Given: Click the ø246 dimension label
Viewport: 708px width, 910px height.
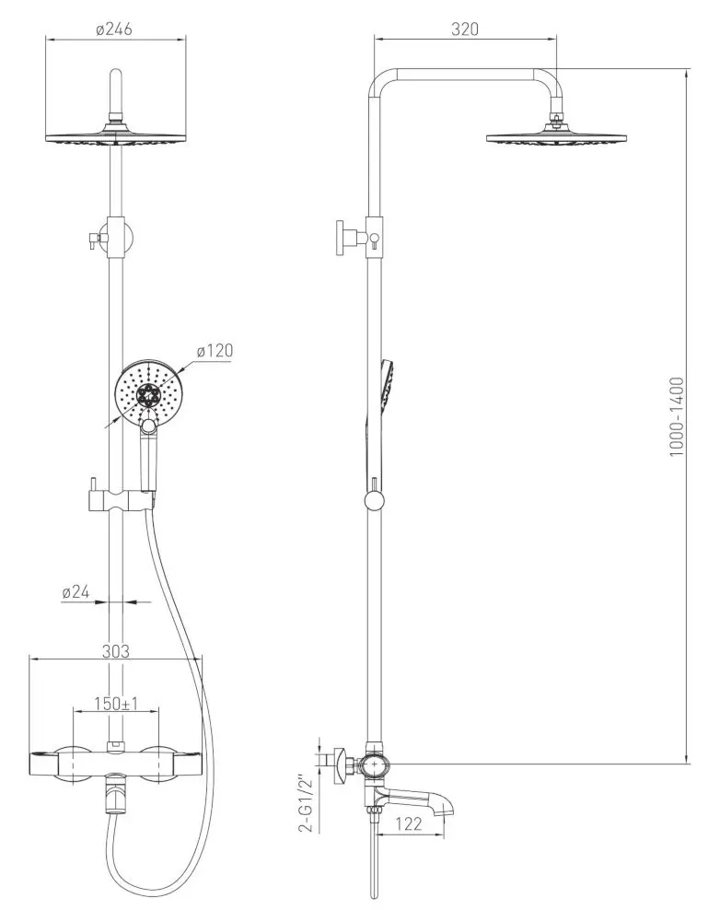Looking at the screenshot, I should (115, 29).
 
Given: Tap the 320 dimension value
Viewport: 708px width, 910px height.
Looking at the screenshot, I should (466, 29).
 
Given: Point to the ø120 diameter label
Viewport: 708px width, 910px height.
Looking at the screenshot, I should (215, 350).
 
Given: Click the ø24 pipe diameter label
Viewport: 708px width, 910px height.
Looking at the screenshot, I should (75, 593).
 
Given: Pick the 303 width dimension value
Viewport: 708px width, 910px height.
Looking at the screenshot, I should (115, 650).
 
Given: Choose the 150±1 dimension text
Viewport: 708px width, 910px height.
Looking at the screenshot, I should (116, 704).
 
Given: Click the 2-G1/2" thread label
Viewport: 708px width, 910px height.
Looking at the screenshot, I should (308, 804).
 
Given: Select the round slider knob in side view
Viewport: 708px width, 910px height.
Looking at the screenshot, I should (374, 500).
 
